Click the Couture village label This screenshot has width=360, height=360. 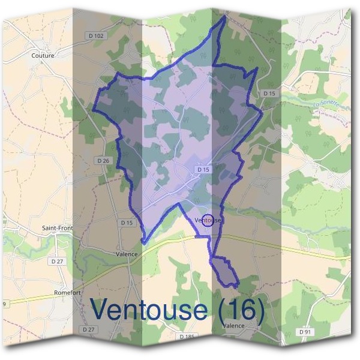coord(42,56)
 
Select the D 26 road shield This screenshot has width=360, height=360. coord(103,160)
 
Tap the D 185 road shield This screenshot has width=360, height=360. coord(188,337)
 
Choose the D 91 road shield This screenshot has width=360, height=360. coord(305,332)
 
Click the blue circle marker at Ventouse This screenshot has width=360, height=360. coord(208,220)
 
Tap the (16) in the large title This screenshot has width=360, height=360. coord(240,310)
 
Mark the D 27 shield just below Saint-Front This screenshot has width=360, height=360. coord(58,261)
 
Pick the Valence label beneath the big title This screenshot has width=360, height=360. coord(233,326)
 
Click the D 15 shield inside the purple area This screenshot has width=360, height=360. coord(203,170)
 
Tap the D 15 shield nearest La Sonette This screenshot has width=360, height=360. coord(269,93)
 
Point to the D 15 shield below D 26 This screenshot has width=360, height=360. coord(126,223)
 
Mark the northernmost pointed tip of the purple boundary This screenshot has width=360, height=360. coord(224,16)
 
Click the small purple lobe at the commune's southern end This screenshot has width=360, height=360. coord(224,270)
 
